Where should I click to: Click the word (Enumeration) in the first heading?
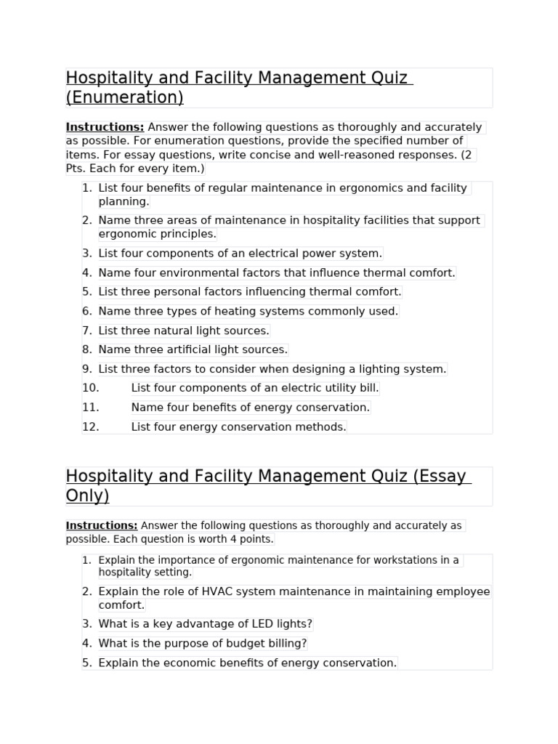pyautogui.click(x=124, y=97)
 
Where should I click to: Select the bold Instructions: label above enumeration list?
pyautogui.click(x=105, y=127)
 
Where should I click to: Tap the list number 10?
pyautogui.click(x=90, y=389)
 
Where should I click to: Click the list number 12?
pyautogui.click(x=90, y=427)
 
